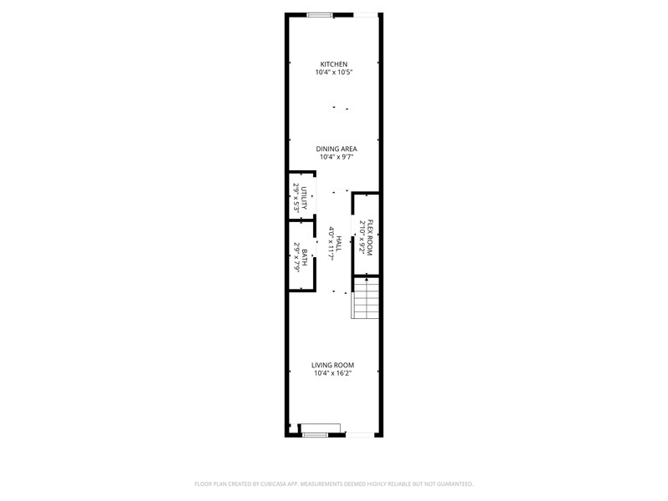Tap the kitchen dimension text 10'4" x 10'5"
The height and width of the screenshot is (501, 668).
(333, 73)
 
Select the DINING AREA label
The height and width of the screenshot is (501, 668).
(337, 149)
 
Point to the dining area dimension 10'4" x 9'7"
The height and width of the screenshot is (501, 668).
(337, 157)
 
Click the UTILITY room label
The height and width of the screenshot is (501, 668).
(304, 198)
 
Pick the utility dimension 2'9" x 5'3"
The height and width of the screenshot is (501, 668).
(296, 198)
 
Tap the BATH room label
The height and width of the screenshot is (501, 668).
(305, 257)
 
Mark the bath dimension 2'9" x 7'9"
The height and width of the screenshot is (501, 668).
(296, 257)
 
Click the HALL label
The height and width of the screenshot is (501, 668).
(339, 244)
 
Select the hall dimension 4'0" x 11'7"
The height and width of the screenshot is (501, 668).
(331, 244)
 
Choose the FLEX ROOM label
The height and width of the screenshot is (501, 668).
(370, 238)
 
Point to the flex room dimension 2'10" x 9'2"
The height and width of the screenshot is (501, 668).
(362, 238)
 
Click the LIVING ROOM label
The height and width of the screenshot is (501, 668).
(332, 365)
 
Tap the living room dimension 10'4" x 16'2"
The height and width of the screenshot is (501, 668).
(332, 373)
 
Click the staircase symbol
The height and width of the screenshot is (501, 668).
(366, 298)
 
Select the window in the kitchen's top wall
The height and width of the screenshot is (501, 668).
(320, 15)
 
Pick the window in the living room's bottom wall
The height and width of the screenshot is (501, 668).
(316, 434)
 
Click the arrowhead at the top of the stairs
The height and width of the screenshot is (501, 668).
(367, 279)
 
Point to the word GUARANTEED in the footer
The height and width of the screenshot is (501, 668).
(457, 484)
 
